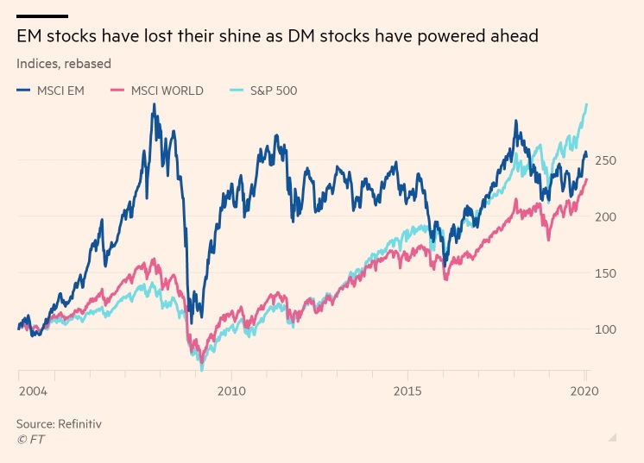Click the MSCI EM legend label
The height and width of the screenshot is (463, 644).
click(x=60, y=91)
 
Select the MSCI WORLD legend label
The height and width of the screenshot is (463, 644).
click(x=167, y=91)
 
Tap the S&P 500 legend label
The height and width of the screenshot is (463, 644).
click(x=274, y=91)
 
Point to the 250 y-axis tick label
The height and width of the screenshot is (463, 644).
click(x=606, y=160)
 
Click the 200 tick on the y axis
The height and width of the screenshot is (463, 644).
click(x=606, y=216)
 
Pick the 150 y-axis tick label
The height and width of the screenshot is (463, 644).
click(x=606, y=273)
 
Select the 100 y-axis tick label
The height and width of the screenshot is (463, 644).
click(x=606, y=329)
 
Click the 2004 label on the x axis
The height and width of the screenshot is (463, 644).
click(x=34, y=391)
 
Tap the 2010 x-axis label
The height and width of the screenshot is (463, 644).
click(x=231, y=391)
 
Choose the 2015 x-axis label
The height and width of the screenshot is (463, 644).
click(x=407, y=391)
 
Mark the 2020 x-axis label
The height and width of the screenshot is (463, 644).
click(x=584, y=391)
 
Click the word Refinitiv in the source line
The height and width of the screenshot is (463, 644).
click(x=79, y=423)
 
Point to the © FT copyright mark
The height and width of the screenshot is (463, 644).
click(x=31, y=440)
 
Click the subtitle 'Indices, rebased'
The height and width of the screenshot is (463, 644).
click(x=64, y=64)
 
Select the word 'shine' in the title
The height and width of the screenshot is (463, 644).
click(x=242, y=36)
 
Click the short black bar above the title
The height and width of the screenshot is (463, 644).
click(x=42, y=16)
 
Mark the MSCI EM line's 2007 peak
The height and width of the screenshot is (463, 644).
click(x=154, y=104)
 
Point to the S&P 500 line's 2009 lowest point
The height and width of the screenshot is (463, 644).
click(x=202, y=370)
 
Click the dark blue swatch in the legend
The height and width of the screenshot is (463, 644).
click(x=23, y=91)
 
